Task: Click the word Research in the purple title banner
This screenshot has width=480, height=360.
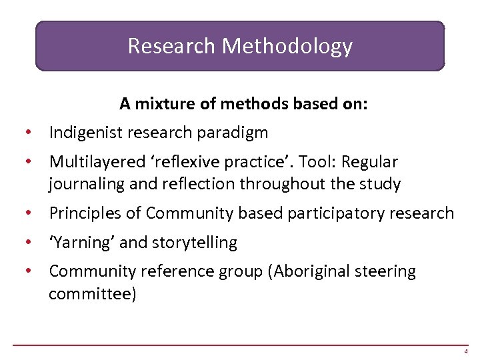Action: (x=171, y=46)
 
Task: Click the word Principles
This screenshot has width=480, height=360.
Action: (x=87, y=213)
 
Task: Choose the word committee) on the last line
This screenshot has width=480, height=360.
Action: (x=93, y=293)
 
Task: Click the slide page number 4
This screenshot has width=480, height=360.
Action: (x=466, y=351)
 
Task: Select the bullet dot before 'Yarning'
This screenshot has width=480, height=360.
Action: (x=27, y=243)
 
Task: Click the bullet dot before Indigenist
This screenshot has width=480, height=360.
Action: (x=27, y=133)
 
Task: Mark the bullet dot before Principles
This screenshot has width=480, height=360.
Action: (x=27, y=213)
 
